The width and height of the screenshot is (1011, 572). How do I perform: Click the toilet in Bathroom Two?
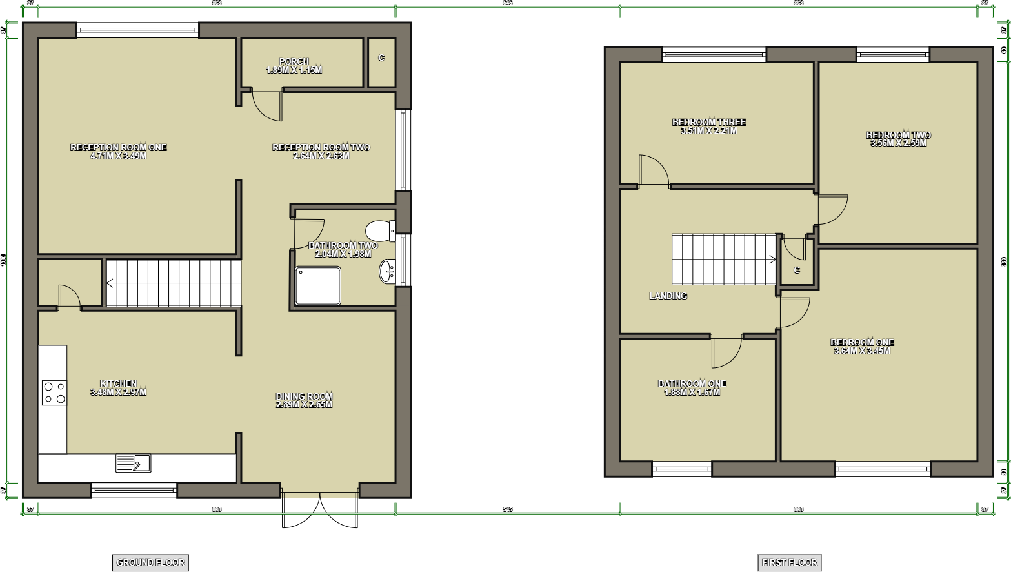click(x=379, y=230)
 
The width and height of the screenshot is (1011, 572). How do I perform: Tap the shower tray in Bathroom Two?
click(x=317, y=285)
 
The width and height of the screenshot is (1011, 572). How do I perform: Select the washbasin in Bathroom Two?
click(x=387, y=271)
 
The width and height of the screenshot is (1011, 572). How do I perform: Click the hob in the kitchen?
click(x=54, y=393)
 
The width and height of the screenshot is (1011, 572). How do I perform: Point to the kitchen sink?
click(x=134, y=463)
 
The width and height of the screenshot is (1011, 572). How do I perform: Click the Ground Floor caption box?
click(x=150, y=562)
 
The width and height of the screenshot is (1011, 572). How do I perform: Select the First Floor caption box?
click(x=789, y=562)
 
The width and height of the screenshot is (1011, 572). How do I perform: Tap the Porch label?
click(x=294, y=61)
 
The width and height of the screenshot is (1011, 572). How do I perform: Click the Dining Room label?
click(x=304, y=396)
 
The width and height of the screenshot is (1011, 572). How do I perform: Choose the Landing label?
click(x=668, y=296)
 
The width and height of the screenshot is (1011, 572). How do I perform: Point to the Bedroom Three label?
click(x=708, y=122)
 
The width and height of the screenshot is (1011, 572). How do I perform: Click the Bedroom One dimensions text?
click(x=861, y=351)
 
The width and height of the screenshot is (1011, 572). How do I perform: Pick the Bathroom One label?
click(x=692, y=383)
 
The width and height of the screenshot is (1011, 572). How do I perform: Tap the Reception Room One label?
click(x=118, y=147)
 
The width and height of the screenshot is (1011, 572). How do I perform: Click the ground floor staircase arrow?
click(x=110, y=283)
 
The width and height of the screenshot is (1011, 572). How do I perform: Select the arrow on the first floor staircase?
click(x=772, y=260)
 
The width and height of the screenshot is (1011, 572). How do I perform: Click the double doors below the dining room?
click(x=319, y=510)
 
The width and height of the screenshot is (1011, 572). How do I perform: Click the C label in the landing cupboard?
click(x=797, y=270)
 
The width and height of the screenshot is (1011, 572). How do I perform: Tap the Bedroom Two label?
click(x=898, y=135)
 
